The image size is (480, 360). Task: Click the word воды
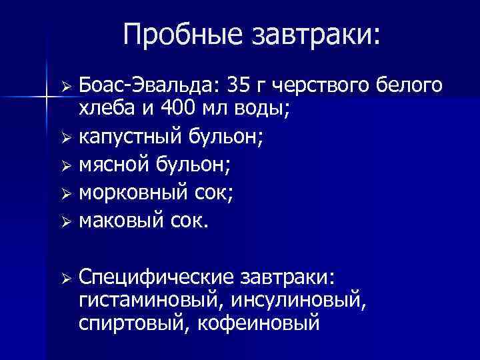(x=261, y=108)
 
